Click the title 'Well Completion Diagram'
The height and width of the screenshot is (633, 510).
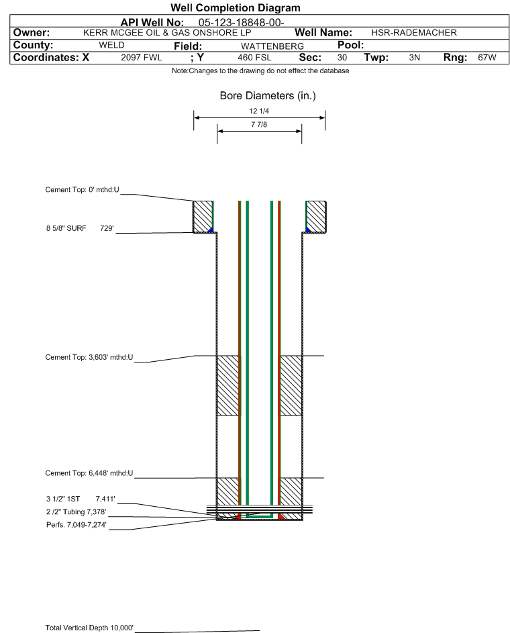(x=236, y=7)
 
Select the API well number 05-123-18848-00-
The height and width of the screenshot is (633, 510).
(x=242, y=23)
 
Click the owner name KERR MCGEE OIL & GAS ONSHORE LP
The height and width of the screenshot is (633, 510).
(x=167, y=33)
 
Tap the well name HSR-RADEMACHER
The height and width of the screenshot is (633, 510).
(x=414, y=33)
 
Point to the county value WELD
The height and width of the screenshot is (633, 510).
(x=112, y=45)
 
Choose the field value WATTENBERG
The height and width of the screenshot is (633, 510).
(x=272, y=46)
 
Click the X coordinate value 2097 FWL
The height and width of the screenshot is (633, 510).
(x=141, y=58)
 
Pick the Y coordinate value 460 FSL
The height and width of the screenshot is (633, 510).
(x=254, y=58)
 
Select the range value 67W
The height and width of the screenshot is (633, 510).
(x=487, y=58)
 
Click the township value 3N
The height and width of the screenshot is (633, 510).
(x=415, y=58)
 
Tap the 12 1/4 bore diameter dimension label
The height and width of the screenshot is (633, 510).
(x=259, y=111)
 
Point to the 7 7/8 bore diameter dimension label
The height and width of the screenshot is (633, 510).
(x=259, y=125)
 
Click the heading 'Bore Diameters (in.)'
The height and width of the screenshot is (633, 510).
(x=268, y=96)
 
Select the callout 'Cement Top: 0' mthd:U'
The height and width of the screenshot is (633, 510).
(x=83, y=190)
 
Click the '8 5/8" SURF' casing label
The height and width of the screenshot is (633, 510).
(x=66, y=228)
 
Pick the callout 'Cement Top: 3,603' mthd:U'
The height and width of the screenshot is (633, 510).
(x=89, y=357)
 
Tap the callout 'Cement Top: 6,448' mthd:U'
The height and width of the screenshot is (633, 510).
(x=89, y=473)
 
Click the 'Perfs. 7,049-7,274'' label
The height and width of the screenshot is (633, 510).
(x=76, y=525)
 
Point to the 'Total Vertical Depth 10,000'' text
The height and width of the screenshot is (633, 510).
(x=89, y=628)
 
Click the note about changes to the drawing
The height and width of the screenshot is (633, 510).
(x=260, y=71)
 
